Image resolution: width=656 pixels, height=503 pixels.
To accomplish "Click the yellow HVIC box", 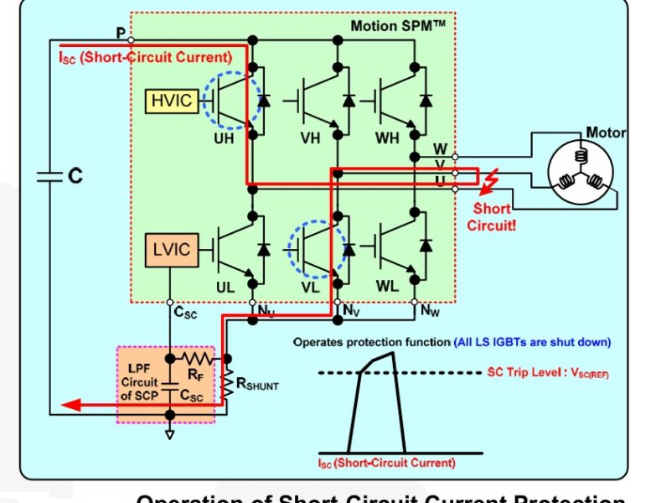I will click(172, 101).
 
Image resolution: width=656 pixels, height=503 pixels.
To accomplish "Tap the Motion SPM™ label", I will click(397, 26).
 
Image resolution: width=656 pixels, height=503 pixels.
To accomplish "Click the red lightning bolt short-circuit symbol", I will click(498, 179).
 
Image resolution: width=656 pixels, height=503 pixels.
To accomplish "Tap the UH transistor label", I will click(224, 139).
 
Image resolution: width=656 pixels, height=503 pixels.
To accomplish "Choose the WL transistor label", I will click(387, 287).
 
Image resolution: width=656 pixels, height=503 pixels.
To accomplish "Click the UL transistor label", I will click(225, 287).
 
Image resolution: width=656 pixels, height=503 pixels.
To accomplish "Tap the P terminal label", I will click(120, 32).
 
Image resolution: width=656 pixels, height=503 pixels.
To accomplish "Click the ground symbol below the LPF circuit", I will click(171, 433).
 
